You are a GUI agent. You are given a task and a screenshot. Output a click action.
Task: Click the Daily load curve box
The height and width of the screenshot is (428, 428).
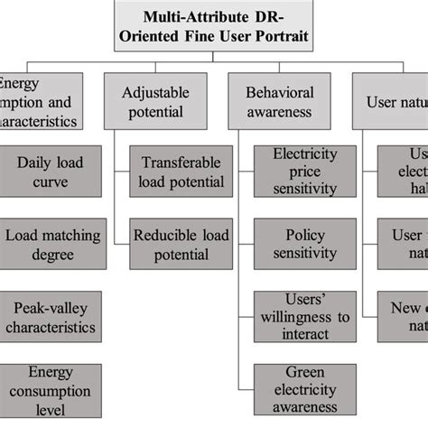pos(54,172)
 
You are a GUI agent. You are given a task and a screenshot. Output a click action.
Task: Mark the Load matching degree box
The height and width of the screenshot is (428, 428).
pos(51,245)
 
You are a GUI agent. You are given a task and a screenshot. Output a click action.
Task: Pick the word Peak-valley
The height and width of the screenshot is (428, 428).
pos(51,309)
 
